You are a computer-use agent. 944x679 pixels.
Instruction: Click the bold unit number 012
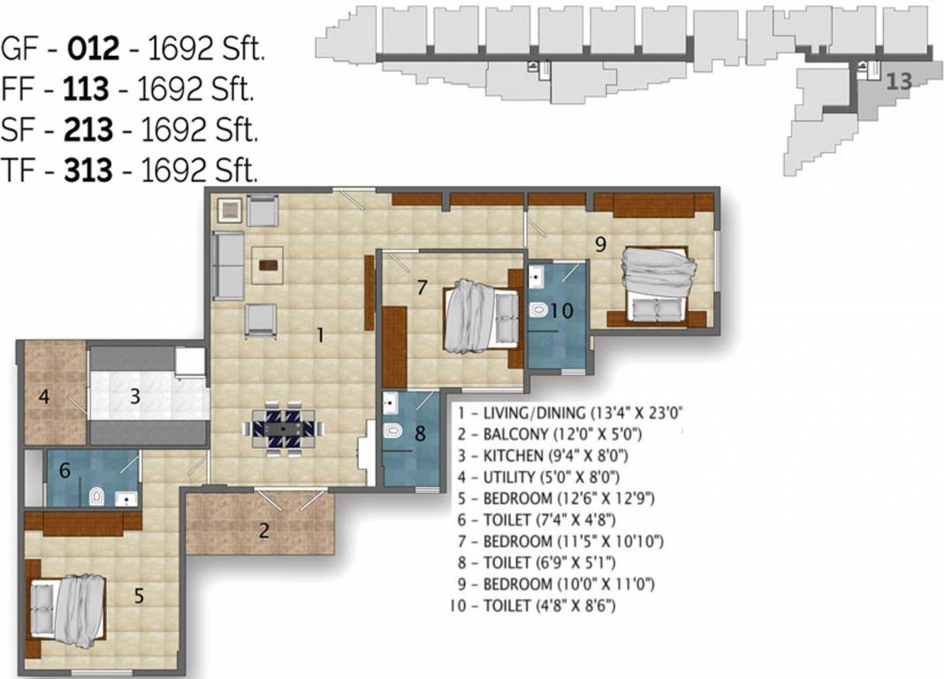95,49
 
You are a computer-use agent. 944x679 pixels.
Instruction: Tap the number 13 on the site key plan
898,81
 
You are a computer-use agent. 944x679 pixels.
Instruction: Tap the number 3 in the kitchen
134,397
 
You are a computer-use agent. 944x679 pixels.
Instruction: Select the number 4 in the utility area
43,397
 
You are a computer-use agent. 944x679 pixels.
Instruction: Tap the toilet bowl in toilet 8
394,431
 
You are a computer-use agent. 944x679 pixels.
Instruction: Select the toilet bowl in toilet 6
96,498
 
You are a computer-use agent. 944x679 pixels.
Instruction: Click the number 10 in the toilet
561,310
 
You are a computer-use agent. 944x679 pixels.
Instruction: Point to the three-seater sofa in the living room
229,265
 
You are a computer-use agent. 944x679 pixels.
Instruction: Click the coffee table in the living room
267,263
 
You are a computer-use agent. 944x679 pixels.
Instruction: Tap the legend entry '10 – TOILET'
532,606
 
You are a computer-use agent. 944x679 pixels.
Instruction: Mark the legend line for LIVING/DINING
569,412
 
